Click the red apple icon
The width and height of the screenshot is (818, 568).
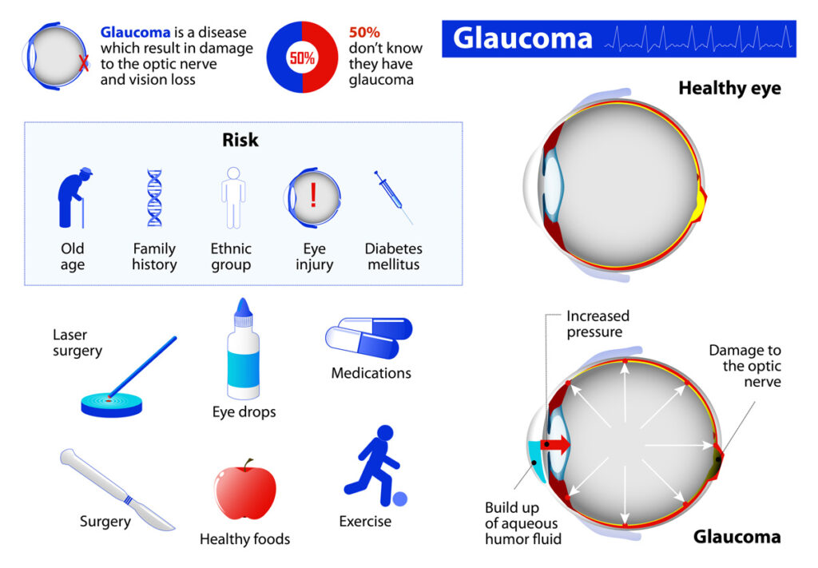244,491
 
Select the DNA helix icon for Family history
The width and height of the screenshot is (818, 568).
154,197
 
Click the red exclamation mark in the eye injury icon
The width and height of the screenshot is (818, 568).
313,195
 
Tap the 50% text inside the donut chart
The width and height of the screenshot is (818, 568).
302,58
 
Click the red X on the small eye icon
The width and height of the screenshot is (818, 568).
83,64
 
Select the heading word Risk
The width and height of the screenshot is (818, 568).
240,140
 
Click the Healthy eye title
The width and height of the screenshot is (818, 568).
729,88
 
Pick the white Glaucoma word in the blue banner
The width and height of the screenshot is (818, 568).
522,38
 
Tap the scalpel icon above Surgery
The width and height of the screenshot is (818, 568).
117,489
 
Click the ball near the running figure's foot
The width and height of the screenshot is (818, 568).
399,499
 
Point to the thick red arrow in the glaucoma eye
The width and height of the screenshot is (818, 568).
555,445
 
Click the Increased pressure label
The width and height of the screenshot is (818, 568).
598,324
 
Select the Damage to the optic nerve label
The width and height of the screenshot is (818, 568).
745,366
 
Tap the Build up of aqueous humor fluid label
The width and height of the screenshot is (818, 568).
522,523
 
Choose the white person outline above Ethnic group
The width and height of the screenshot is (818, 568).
233,197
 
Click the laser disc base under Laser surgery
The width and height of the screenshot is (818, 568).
112,405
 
